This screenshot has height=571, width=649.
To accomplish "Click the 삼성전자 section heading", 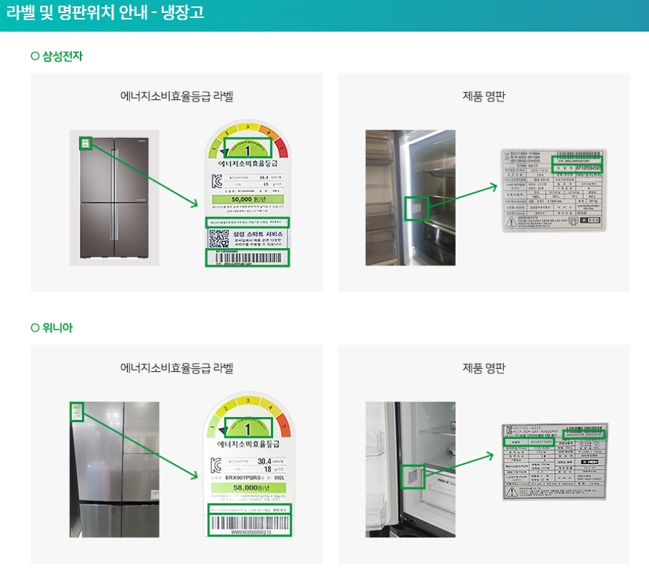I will (63, 56).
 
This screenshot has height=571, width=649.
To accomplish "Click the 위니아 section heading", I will (57, 328).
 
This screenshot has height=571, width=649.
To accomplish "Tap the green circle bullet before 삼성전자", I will (35, 56).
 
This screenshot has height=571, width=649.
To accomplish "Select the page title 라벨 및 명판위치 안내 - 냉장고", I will (105, 13).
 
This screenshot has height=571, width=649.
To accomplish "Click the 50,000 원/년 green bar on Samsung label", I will (247, 199).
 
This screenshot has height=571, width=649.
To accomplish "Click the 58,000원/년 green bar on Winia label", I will (247, 488).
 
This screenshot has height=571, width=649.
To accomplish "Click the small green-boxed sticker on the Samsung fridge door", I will (86, 144).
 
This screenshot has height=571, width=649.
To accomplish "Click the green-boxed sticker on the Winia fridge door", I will (78, 412).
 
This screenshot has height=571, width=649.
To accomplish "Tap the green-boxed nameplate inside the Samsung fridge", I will (417, 209).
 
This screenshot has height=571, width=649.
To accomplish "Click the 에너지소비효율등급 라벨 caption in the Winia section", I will (177, 368).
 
